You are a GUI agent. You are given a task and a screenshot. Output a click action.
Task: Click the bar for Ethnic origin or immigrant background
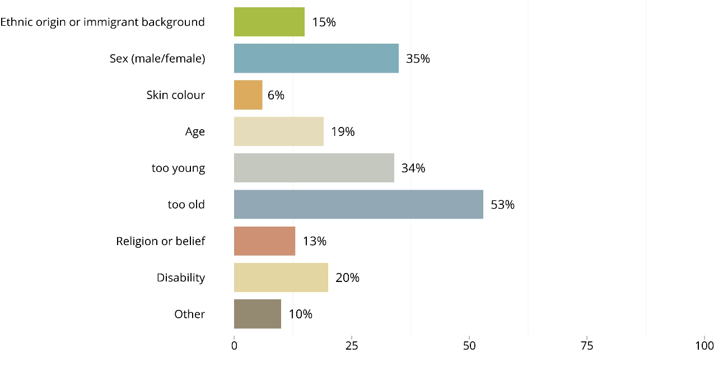point(269,22)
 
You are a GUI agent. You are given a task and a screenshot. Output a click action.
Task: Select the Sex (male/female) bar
point(316,58)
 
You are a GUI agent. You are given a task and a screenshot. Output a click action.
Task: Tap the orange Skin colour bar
point(248,95)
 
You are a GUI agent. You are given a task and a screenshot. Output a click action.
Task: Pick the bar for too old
point(358,204)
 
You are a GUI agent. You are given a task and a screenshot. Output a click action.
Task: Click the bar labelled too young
point(314,168)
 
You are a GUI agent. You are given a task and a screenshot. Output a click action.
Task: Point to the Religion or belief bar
point(264,241)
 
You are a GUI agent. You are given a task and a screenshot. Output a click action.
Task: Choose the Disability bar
point(281,277)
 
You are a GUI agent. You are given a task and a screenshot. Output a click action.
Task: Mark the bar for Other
point(257,314)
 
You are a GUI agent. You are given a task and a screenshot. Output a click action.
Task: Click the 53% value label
point(502,205)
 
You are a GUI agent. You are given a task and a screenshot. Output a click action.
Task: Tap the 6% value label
point(276,95)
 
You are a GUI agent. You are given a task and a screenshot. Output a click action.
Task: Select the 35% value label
point(418,59)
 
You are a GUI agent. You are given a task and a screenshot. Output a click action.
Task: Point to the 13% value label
point(315,241)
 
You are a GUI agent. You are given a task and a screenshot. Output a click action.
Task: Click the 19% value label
point(343,132)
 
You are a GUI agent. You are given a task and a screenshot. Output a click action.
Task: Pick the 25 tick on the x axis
point(351,346)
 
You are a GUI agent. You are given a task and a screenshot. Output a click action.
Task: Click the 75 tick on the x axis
point(586,346)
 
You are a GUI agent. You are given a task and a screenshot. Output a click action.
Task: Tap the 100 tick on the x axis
point(704,346)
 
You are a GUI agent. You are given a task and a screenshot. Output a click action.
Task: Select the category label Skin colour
point(176,95)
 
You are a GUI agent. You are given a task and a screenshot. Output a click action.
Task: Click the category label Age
point(195,132)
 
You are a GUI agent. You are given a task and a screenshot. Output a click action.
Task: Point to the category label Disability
point(181,277)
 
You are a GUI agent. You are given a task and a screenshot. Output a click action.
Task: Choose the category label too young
point(178,168)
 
